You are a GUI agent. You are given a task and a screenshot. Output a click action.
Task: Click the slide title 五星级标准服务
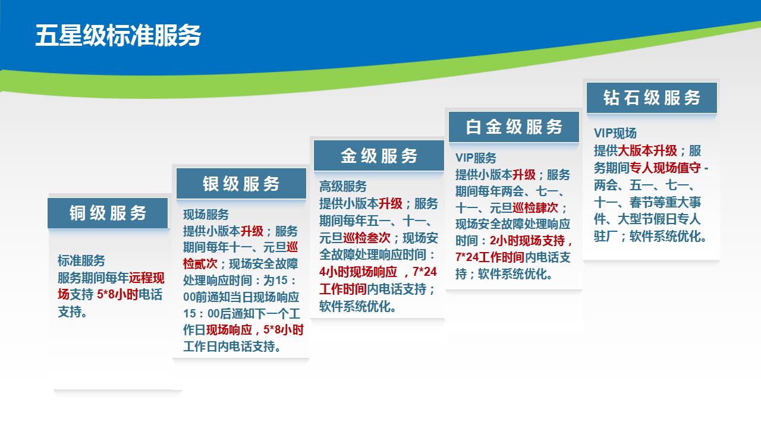coord(118,35)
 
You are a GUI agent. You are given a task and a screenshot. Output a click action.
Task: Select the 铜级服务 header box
coord(108,213)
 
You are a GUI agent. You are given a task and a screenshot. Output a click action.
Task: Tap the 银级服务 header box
coord(241,184)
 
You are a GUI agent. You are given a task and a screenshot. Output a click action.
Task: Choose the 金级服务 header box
coord(379,156)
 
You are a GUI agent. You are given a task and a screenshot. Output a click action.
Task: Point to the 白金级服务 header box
coord(514,127)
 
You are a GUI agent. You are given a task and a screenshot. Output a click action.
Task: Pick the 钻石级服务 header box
coord(652,98)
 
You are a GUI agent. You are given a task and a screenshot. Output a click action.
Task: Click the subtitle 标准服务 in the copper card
coord(81,261)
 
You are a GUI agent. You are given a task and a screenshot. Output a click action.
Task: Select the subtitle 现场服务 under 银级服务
coord(206,215)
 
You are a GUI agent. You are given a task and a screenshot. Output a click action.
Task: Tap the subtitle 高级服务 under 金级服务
coord(343,187)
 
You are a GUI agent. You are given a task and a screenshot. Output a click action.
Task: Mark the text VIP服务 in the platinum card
coord(476,158)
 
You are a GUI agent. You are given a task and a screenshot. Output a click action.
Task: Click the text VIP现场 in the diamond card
coord(615,133)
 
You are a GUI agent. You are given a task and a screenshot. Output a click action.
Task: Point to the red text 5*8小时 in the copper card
coord(118,294)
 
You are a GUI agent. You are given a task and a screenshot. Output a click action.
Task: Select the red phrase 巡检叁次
coord(367,238)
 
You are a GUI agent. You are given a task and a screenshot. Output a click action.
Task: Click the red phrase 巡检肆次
coord(535,207)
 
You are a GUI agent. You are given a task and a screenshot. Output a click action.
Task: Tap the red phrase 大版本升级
coord(647,150)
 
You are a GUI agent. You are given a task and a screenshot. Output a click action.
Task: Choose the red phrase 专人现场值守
coord(665,168)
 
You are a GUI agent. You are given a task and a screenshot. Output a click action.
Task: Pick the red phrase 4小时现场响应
coord(358,272)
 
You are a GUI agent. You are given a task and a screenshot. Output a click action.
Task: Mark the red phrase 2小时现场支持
coord(527,241)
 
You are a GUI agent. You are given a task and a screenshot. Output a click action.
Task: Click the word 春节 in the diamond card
coord(641,203)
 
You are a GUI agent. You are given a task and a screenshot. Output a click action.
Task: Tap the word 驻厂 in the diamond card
coord(605,237)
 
